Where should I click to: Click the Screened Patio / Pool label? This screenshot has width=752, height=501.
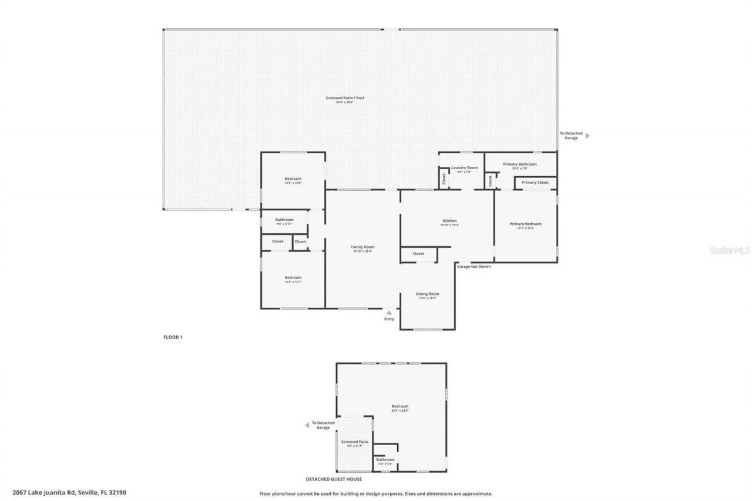(345, 98)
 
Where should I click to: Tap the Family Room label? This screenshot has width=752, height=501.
(363, 247)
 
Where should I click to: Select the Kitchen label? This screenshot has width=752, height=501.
(449, 221)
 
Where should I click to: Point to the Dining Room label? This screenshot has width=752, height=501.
(427, 294)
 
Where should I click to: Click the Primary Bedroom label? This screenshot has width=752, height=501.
(525, 224)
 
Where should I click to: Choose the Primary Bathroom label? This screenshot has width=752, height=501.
(519, 164)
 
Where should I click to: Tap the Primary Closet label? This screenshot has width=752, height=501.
(535, 183)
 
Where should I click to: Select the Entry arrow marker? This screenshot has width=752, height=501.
(389, 312)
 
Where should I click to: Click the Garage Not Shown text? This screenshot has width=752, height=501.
(474, 267)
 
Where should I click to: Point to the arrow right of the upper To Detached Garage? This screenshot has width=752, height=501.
(587, 136)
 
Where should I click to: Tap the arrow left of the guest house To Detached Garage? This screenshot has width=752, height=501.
(306, 425)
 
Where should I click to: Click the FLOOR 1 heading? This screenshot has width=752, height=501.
(173, 337)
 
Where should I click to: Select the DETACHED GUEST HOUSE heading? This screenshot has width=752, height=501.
(334, 479)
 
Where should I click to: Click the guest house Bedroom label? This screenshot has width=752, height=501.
(400, 406)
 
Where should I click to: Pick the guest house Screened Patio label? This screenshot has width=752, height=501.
(355, 442)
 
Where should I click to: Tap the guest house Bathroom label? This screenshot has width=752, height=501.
(385, 460)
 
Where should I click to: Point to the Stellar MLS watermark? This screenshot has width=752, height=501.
(730, 251)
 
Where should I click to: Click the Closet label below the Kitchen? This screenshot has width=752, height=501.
(418, 254)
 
